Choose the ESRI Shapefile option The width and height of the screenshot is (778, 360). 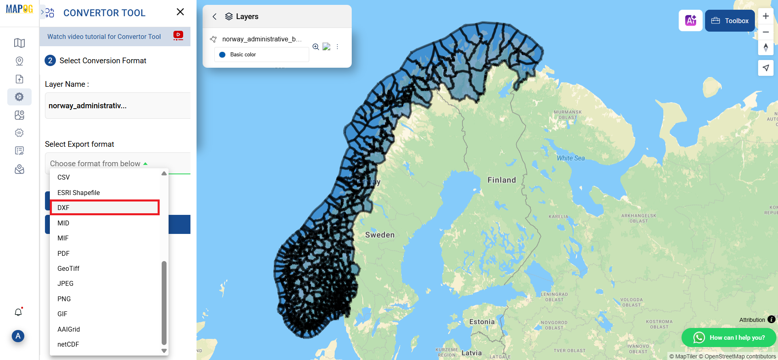79,193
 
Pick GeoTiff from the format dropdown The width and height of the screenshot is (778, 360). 68,268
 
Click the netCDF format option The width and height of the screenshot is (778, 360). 68,344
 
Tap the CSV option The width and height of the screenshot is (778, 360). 64,177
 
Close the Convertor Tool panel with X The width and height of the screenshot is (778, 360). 180,12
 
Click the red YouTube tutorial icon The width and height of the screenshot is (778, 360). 178,36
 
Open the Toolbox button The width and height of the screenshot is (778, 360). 730,21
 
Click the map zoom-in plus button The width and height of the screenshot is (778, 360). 765,16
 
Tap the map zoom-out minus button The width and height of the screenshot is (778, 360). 765,32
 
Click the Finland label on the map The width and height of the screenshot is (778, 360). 502,180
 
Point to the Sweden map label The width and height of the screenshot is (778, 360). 380,235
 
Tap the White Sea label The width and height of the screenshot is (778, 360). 571,158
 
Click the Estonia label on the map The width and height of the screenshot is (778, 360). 482,322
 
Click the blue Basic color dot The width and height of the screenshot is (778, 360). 222,55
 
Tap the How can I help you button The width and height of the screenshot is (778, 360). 729,337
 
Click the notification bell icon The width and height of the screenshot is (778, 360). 18,312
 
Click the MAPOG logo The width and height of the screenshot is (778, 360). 19,9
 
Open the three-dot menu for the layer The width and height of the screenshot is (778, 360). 337,47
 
